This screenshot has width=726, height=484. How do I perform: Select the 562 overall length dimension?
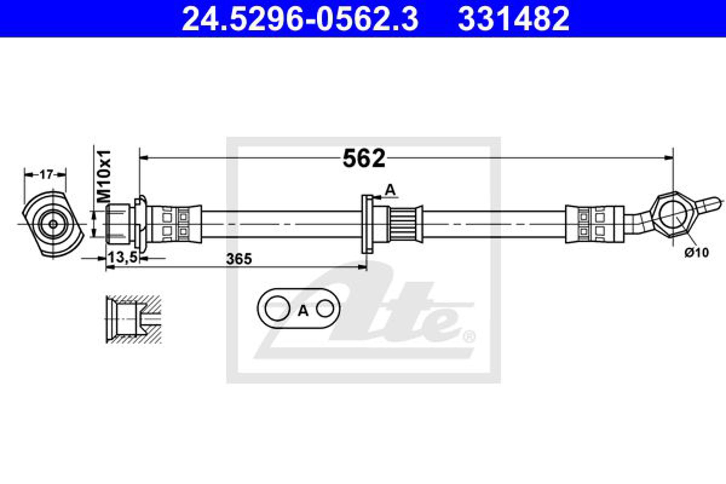(x=364, y=158)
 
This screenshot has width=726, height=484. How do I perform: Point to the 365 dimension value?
(x=239, y=259)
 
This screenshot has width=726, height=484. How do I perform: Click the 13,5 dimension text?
(x=123, y=257)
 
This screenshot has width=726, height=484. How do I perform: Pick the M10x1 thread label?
(x=104, y=176)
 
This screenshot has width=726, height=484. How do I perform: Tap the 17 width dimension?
(x=46, y=175)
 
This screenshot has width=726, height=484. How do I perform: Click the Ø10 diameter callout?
(x=696, y=253)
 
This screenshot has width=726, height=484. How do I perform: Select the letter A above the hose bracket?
(x=390, y=190)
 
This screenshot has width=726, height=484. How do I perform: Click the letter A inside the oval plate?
(x=303, y=311)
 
